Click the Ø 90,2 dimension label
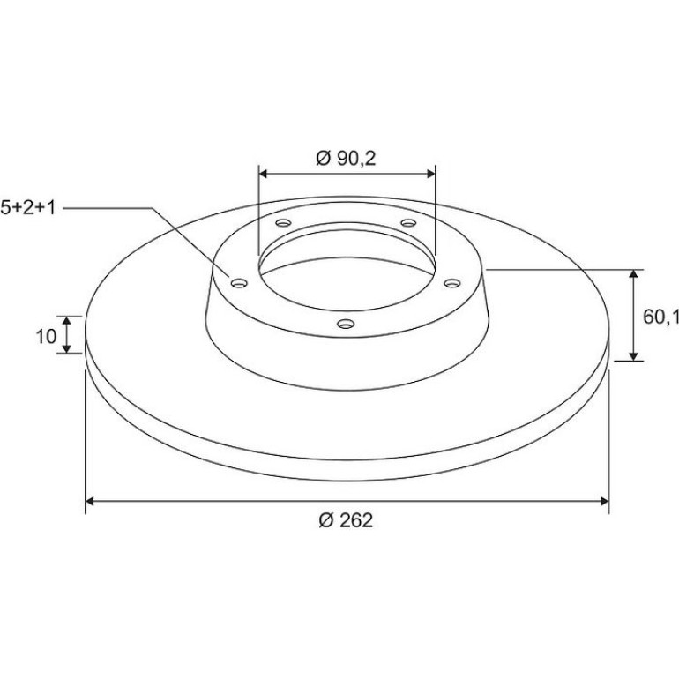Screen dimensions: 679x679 (346, 159)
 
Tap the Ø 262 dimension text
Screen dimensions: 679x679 (346, 520)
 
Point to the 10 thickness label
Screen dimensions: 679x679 (46, 336)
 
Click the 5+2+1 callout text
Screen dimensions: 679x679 (28, 207)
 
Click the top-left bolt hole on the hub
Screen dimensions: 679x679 (284, 223)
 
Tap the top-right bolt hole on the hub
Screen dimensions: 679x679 (408, 222)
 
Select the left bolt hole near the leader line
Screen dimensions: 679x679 (239, 283)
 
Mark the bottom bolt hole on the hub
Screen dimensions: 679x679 (346, 324)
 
